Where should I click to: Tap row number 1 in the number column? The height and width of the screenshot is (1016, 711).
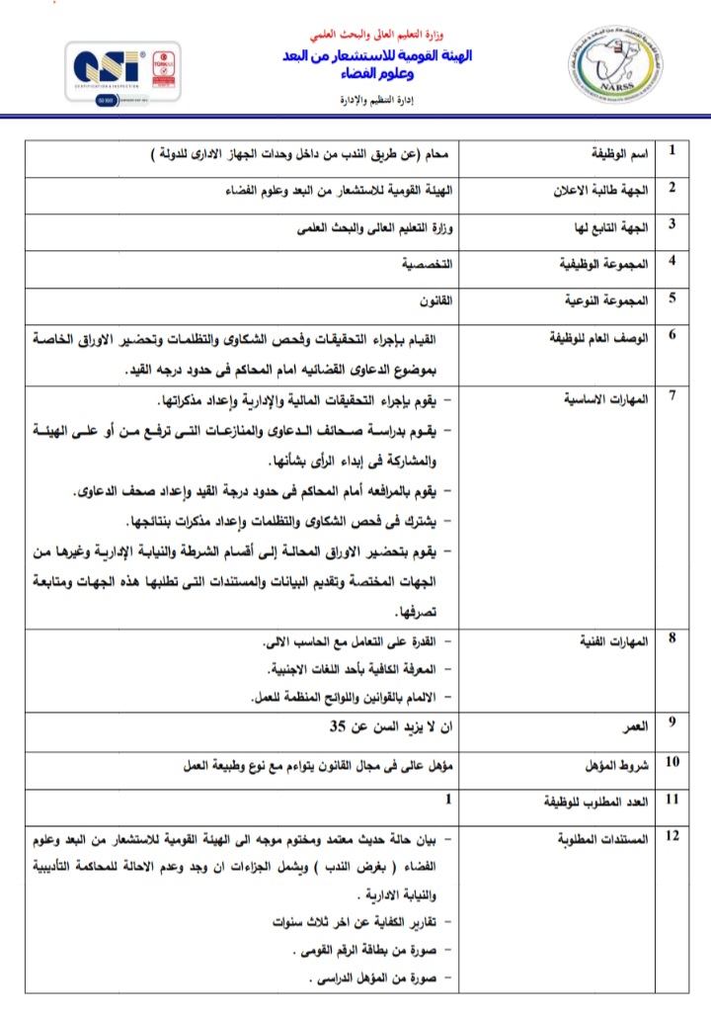672,151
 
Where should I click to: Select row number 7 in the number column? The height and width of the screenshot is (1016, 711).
672,396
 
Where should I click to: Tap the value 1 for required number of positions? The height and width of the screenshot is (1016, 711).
448,798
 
